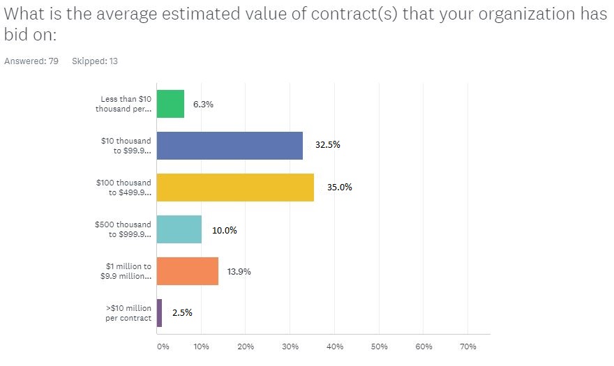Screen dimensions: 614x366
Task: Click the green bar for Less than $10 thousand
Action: pyautogui.click(x=170, y=104)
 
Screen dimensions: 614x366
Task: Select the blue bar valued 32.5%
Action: pyautogui.click(x=230, y=146)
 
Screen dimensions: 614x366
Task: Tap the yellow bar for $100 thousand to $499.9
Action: pyautogui.click(x=235, y=188)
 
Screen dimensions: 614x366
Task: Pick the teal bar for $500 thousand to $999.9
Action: pyautogui.click(x=179, y=229)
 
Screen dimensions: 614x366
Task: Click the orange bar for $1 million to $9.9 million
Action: pyautogui.click(x=188, y=271)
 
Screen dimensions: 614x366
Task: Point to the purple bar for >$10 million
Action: pyautogui.click(x=159, y=313)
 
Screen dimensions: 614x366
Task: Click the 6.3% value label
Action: pyautogui.click(x=203, y=104)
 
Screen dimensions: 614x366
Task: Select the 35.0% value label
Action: pyautogui.click(x=340, y=187)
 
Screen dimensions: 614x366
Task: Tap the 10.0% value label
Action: pyautogui.click(x=225, y=230)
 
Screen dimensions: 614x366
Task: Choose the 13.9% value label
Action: pyautogui.click(x=239, y=272)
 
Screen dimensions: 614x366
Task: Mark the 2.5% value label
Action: pyautogui.click(x=183, y=312)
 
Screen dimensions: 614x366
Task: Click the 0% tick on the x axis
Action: pyautogui.click(x=163, y=346)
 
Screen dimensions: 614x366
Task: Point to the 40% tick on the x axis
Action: pyautogui.click(x=335, y=346)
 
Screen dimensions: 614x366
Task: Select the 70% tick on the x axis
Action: pyautogui.click(x=468, y=346)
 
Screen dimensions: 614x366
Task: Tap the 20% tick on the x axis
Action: pyautogui.click(x=246, y=346)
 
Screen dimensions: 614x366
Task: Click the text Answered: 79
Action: pyautogui.click(x=31, y=61)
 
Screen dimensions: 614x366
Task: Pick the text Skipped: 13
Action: pyautogui.click(x=95, y=61)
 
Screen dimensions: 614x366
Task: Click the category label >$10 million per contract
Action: pyautogui.click(x=128, y=313)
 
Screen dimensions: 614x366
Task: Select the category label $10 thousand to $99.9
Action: pyautogui.click(x=126, y=146)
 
